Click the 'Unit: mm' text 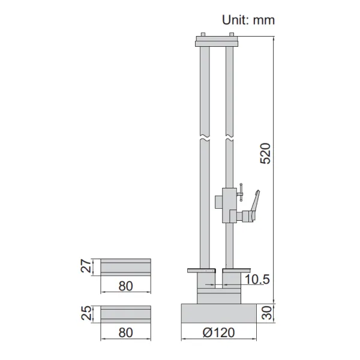pyautogui.click(x=248, y=20)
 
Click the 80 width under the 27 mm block pyautogui.click(x=125, y=286)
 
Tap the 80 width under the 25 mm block pyautogui.click(x=125, y=331)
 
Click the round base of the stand pyautogui.click(x=218, y=313)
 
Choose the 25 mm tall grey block pyautogui.click(x=125, y=313)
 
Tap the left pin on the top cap pyautogui.click(x=202, y=35)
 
